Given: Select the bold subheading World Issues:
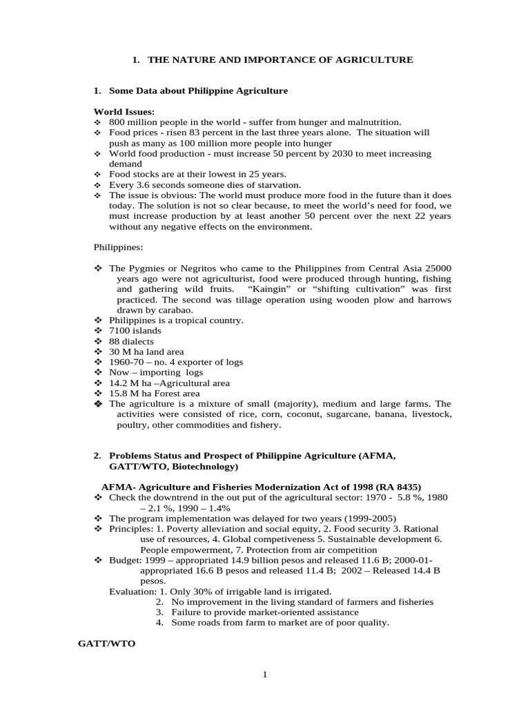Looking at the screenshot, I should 124,112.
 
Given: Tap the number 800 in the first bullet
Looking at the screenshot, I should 117,122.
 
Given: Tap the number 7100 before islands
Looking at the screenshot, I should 119,331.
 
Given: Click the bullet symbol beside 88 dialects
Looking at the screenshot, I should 97,341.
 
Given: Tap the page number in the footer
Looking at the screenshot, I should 264,675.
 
